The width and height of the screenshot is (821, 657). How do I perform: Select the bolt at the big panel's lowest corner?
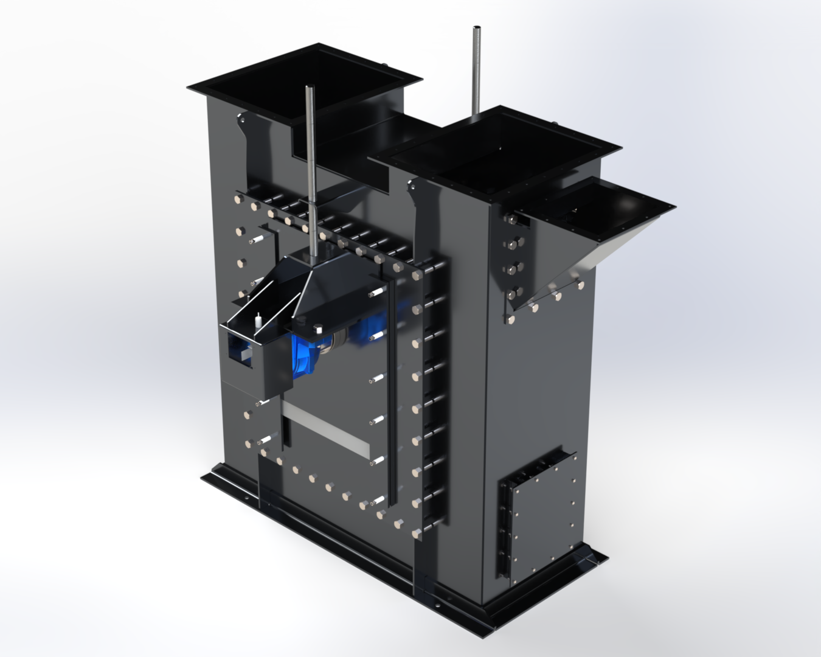[x=417, y=534]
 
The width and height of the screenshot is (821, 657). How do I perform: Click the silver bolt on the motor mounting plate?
[x=317, y=329]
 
